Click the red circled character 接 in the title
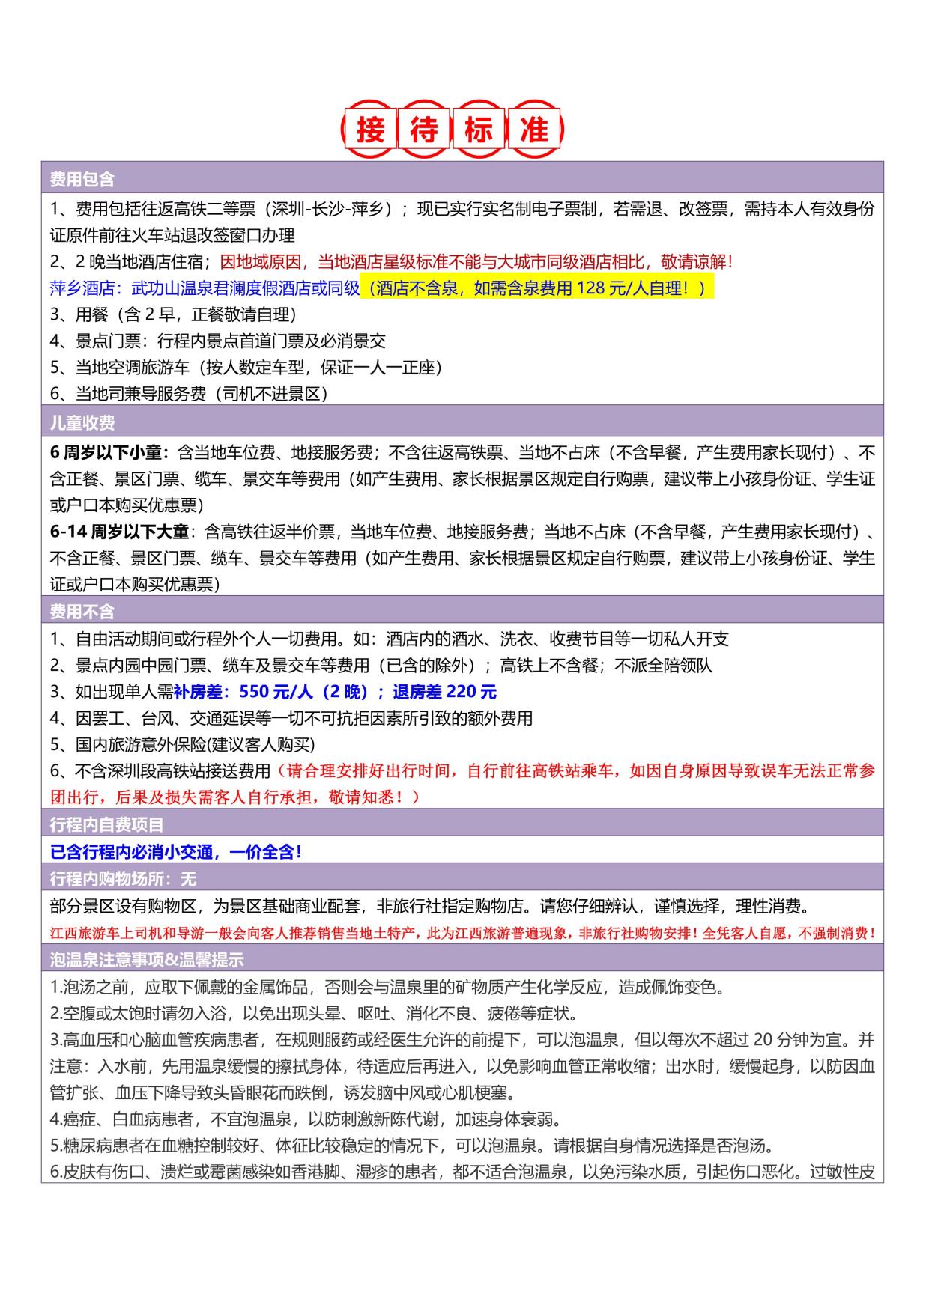(x=371, y=130)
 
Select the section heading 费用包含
(x=82, y=179)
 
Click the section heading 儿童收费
(x=82, y=423)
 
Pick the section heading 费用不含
(x=82, y=612)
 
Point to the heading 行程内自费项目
(x=106, y=824)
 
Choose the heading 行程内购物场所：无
(x=123, y=878)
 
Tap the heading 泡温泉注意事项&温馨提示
(x=147, y=959)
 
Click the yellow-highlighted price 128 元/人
(x=613, y=288)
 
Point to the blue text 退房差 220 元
(x=444, y=691)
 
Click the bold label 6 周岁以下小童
(x=109, y=452)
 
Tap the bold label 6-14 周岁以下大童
(x=119, y=532)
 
